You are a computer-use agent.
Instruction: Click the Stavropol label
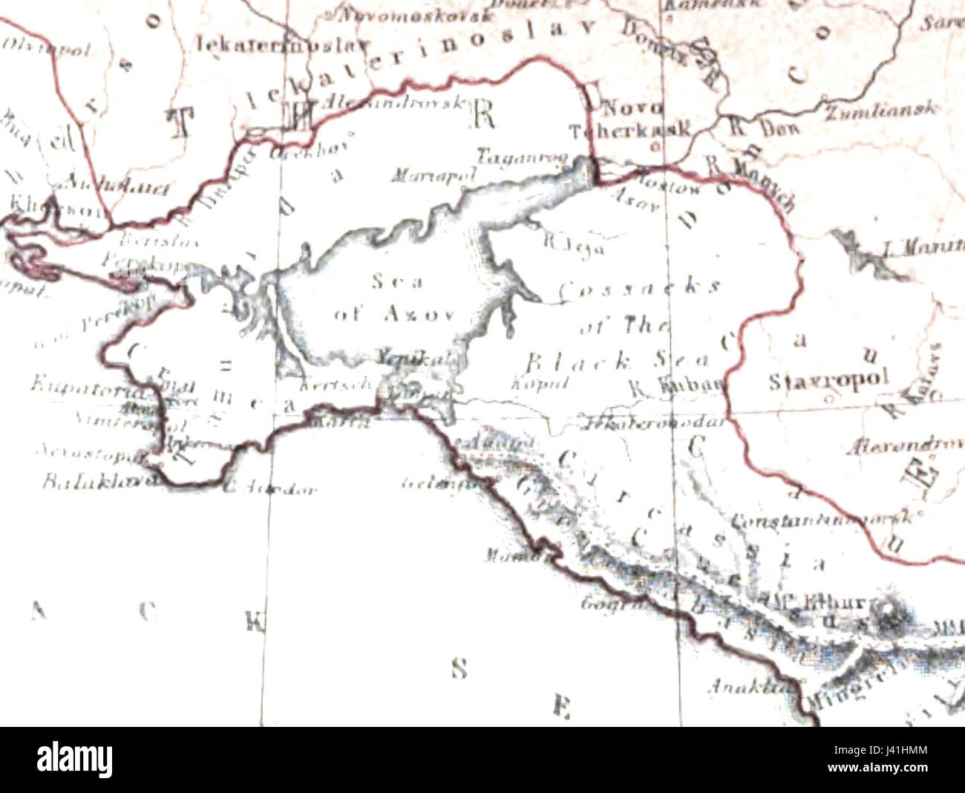[828, 380]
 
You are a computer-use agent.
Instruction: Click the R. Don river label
[763, 127]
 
